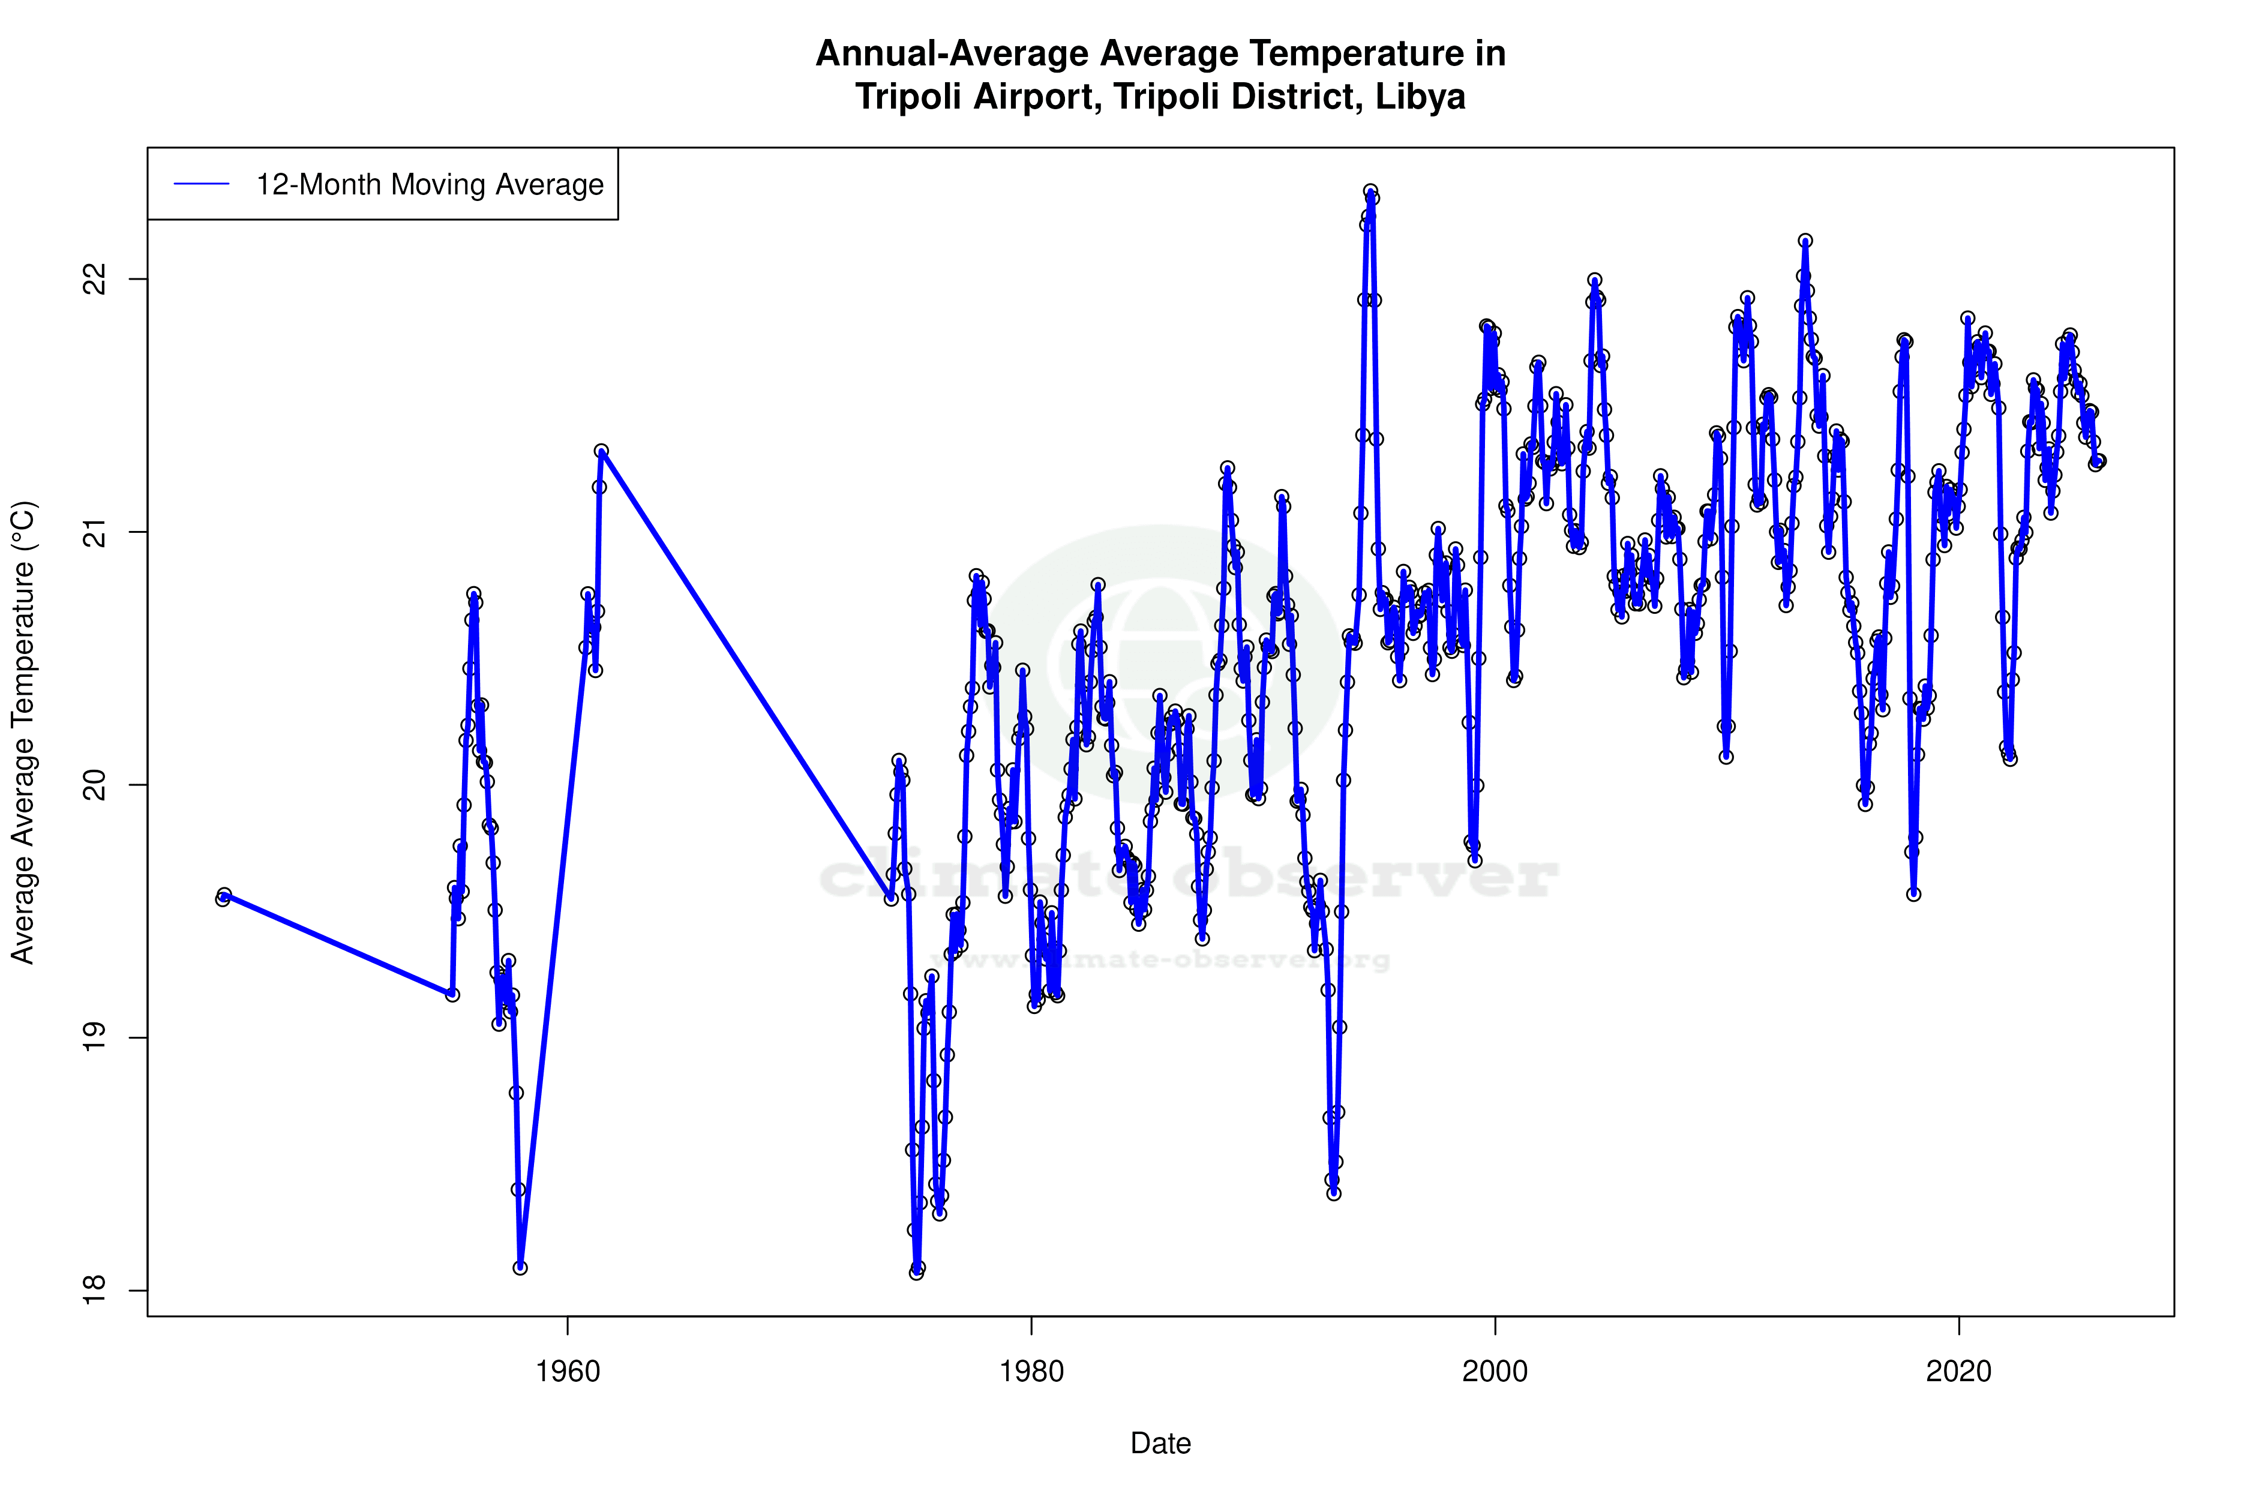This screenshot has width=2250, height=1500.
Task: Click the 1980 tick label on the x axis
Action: [x=1031, y=1372]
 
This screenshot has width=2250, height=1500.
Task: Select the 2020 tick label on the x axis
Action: [x=1958, y=1372]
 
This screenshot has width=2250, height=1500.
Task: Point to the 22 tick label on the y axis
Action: [x=95, y=280]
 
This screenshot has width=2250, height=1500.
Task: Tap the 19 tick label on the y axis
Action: [x=95, y=1038]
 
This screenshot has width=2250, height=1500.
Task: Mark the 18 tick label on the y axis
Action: [x=95, y=1291]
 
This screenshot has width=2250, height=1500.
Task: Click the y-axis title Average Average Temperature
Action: [x=22, y=732]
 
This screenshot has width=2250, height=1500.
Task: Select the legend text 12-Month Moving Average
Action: [x=430, y=185]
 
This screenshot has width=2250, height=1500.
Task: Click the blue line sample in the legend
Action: [x=201, y=185]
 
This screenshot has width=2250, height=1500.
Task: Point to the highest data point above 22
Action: [x=1370, y=191]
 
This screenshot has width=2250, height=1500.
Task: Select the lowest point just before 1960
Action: [x=520, y=1268]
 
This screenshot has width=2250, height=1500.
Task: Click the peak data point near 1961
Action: [x=601, y=451]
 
